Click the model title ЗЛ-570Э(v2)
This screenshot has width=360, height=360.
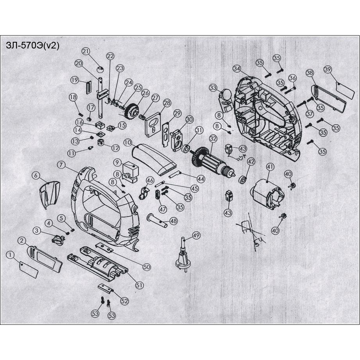(x=33, y=46)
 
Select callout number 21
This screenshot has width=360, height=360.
(x=86, y=52)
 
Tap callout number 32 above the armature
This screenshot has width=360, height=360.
(x=213, y=138)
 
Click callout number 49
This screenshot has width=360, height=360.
(x=196, y=235)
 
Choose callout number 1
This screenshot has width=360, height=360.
(x=11, y=255)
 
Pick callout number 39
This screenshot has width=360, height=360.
(x=328, y=70)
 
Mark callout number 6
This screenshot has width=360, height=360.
(x=36, y=176)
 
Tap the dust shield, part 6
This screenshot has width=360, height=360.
(x=50, y=194)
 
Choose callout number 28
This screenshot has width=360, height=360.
(x=167, y=103)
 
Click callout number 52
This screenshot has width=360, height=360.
(x=124, y=301)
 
